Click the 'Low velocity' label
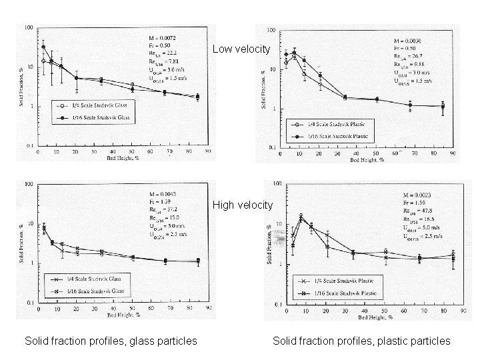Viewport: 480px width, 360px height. pyautogui.click(x=241, y=49)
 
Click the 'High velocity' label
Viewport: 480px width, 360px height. pyautogui.click(x=242, y=205)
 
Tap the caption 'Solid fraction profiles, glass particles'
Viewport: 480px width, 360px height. pyautogui.click(x=111, y=341)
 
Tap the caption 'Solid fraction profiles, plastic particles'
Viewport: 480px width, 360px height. pyautogui.click(x=361, y=341)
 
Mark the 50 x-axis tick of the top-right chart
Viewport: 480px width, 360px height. pyautogui.click(x=377, y=153)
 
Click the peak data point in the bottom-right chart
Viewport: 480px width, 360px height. pyautogui.click(x=301, y=217)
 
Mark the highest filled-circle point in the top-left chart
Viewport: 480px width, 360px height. pyautogui.click(x=43, y=47)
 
